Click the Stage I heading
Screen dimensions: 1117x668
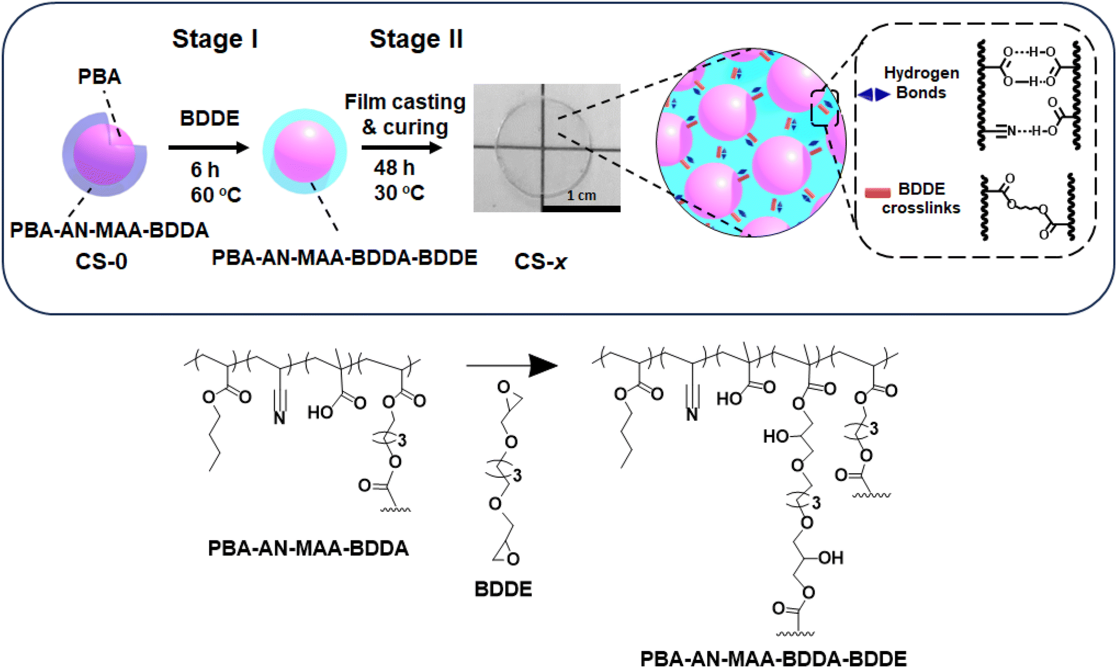pyautogui.click(x=215, y=39)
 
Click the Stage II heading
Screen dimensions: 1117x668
pyautogui.click(x=416, y=39)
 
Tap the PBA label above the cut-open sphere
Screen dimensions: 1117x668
pyautogui.click(x=99, y=77)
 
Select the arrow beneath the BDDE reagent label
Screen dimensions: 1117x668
pyautogui.click(x=209, y=147)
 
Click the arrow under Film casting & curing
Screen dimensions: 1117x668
pyautogui.click(x=402, y=147)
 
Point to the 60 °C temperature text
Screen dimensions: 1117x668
pyautogui.click(x=216, y=195)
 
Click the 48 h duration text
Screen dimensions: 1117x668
pyautogui.click(x=394, y=167)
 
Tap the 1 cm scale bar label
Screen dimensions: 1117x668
pyautogui.click(x=581, y=195)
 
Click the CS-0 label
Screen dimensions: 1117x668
pyautogui.click(x=101, y=262)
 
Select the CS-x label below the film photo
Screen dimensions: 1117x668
pyautogui.click(x=540, y=262)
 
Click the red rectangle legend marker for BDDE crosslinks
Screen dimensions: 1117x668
pyautogui.click(x=877, y=193)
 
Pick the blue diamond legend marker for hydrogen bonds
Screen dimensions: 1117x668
pyautogui.click(x=874, y=95)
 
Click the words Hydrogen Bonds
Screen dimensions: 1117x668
pyautogui.click(x=921, y=83)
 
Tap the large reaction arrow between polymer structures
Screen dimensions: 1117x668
pyautogui.click(x=511, y=365)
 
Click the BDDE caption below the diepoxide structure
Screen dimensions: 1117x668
pyautogui.click(x=503, y=589)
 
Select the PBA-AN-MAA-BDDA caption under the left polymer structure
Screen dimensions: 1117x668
pyautogui.click(x=308, y=548)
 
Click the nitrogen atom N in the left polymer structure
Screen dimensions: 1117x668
pyautogui.click(x=280, y=419)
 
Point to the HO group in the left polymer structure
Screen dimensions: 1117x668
pyautogui.click(x=320, y=412)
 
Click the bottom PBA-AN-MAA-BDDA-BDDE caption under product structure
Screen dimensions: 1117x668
pyautogui.click(x=773, y=658)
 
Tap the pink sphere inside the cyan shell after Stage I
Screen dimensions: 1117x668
pyautogui.click(x=305, y=152)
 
